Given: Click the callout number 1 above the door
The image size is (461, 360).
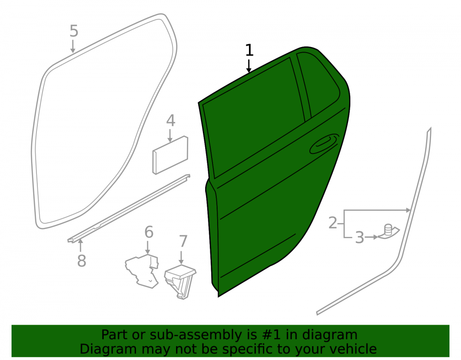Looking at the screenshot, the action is pos(249,50).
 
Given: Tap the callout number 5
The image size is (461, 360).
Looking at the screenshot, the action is pos(74,31).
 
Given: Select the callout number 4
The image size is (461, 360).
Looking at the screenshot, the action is pos(171,121).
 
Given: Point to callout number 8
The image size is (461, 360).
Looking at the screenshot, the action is pos(82,260).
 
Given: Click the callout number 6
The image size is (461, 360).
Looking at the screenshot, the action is pos(149,232).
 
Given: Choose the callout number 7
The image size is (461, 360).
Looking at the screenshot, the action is pos(183,242).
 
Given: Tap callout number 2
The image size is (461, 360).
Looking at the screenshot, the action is pos(332,223).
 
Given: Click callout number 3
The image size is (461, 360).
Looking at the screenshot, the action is pos(359,237).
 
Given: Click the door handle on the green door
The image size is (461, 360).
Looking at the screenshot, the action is pos(324,144).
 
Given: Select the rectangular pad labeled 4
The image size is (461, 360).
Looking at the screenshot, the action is pos(170,155).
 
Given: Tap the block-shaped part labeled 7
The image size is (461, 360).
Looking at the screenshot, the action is pos(180,281).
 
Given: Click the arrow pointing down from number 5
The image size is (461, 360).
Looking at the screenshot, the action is pos(73,47).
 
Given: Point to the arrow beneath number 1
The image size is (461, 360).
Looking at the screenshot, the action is pos(249,66).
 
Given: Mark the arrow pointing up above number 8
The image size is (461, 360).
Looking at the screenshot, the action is pos(80,246).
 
